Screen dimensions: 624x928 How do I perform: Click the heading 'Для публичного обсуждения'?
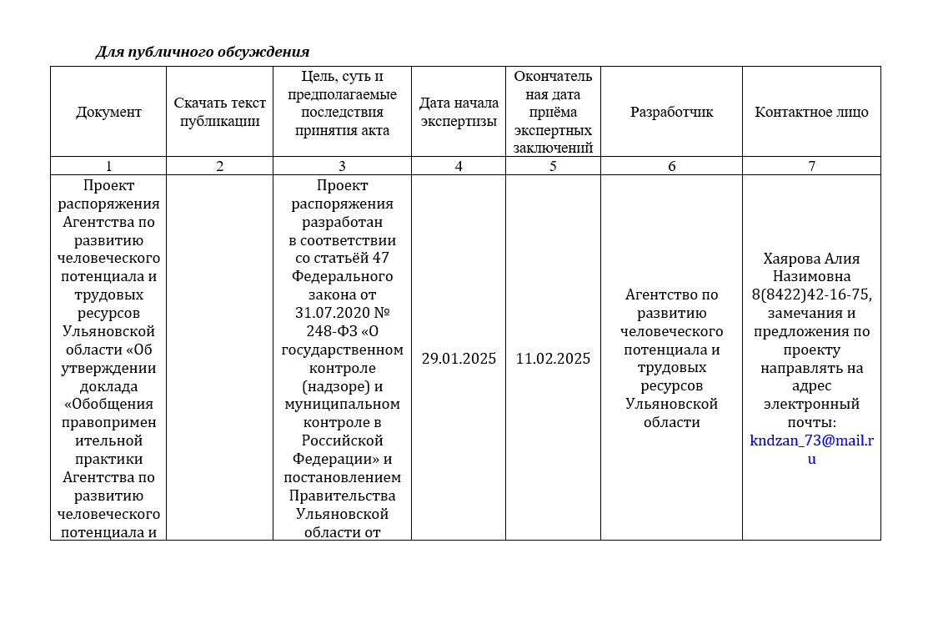tap(203, 53)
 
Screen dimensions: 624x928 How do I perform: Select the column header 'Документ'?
tap(108, 112)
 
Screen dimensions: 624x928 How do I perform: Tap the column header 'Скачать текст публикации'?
tap(219, 112)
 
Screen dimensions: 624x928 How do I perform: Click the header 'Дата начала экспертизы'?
tap(459, 112)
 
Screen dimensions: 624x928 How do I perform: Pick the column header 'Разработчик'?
tap(671, 112)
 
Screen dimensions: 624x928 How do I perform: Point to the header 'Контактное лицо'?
tap(811, 112)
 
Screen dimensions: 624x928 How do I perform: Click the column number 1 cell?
tap(108, 166)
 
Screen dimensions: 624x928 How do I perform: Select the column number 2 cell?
tap(219, 166)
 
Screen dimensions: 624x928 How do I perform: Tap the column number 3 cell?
tap(342, 166)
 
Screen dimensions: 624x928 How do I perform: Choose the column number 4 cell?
tap(459, 166)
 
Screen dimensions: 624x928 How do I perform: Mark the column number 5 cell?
tap(553, 166)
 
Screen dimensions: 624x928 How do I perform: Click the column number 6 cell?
tap(671, 166)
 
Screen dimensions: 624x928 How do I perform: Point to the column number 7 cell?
tap(811, 166)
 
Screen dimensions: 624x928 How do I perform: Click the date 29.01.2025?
tap(459, 359)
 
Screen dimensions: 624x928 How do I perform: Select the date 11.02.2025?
tap(553, 359)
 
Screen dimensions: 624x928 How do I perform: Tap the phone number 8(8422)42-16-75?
tap(811, 294)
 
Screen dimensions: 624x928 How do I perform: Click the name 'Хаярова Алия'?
tap(811, 259)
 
